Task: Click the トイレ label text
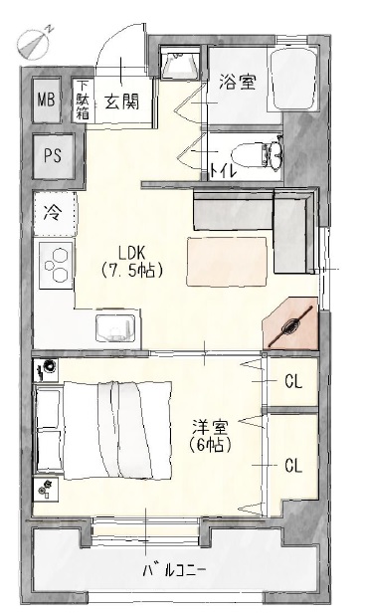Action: click(223, 171)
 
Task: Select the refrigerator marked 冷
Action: click(52, 211)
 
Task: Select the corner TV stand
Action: click(292, 323)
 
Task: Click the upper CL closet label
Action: click(293, 380)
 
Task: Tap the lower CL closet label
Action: click(293, 465)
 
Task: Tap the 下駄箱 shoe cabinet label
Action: click(84, 100)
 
